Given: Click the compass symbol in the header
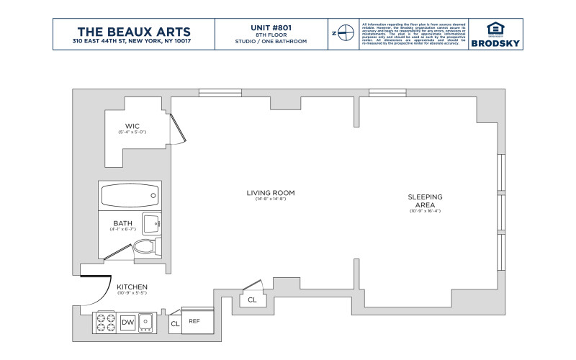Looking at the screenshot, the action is (345, 33).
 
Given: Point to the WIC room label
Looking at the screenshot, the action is (132, 125).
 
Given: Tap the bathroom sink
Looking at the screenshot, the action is (151, 224).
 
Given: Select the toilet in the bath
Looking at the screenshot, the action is (145, 247).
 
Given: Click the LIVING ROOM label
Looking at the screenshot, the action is (271, 193).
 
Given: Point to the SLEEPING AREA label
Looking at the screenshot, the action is (425, 200).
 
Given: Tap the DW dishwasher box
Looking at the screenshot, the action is (128, 322).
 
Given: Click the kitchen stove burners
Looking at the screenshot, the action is (105, 322).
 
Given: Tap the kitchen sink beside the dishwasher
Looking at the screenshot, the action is (147, 322).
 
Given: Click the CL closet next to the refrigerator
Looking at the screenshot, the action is (174, 324).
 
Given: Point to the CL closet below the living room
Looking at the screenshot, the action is (252, 300).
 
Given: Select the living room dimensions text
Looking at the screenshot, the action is (271, 199).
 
